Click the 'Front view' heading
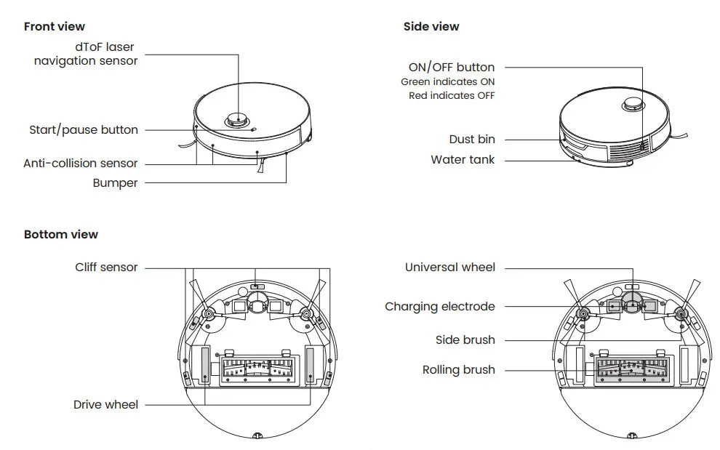[55, 27]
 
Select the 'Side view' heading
[431, 27]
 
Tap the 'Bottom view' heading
[61, 235]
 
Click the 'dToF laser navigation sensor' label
[86, 55]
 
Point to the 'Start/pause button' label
[84, 130]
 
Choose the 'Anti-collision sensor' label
[80, 164]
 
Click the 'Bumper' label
[115, 183]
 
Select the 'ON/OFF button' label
[451, 68]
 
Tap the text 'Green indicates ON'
[447, 82]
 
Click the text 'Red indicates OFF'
[451, 95]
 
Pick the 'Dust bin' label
[471, 140]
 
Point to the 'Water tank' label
[463, 160]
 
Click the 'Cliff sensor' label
[106, 268]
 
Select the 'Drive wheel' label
[105, 405]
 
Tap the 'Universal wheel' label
[449, 268]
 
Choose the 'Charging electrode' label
[439, 307]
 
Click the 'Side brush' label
[465, 340]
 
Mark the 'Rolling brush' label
[458, 370]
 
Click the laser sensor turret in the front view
[237, 119]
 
